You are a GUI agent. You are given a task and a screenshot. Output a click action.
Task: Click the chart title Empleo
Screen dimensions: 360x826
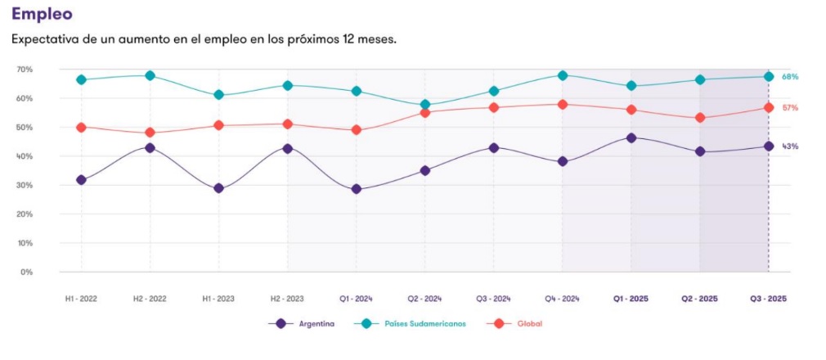pos(42,14)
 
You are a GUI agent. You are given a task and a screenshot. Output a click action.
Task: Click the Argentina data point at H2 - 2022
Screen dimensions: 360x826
pos(150,148)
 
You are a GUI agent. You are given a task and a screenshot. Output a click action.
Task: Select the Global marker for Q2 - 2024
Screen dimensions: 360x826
pos(424,112)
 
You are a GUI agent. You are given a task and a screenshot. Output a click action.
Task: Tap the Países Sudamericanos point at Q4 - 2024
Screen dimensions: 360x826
pos(563,75)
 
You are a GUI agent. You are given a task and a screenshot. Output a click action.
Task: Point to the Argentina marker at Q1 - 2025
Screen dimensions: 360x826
pos(631,137)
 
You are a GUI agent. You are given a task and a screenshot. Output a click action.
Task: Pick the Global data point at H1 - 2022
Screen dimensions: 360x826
pos(81,128)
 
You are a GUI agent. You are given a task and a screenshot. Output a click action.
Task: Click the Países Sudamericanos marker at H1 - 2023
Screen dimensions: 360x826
pos(218,95)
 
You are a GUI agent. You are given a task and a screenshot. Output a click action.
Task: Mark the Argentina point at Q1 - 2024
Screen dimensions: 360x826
pos(356,189)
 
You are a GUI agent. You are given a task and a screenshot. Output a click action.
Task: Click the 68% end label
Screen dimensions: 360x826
pos(790,77)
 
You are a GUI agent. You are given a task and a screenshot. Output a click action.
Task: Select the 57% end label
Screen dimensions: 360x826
pos(790,108)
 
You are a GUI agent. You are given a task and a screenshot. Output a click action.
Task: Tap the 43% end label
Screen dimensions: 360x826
pos(790,146)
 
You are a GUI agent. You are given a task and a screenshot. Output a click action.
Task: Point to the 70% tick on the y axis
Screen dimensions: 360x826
pos(24,70)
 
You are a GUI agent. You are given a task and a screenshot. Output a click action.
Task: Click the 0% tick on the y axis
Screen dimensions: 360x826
pos(26,272)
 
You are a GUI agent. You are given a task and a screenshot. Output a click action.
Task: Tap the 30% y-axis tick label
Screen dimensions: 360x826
pos(24,185)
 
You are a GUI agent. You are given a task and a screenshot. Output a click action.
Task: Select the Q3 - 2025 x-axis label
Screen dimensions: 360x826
pos(768,299)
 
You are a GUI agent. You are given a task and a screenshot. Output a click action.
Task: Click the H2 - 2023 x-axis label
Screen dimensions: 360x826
pos(287,299)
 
